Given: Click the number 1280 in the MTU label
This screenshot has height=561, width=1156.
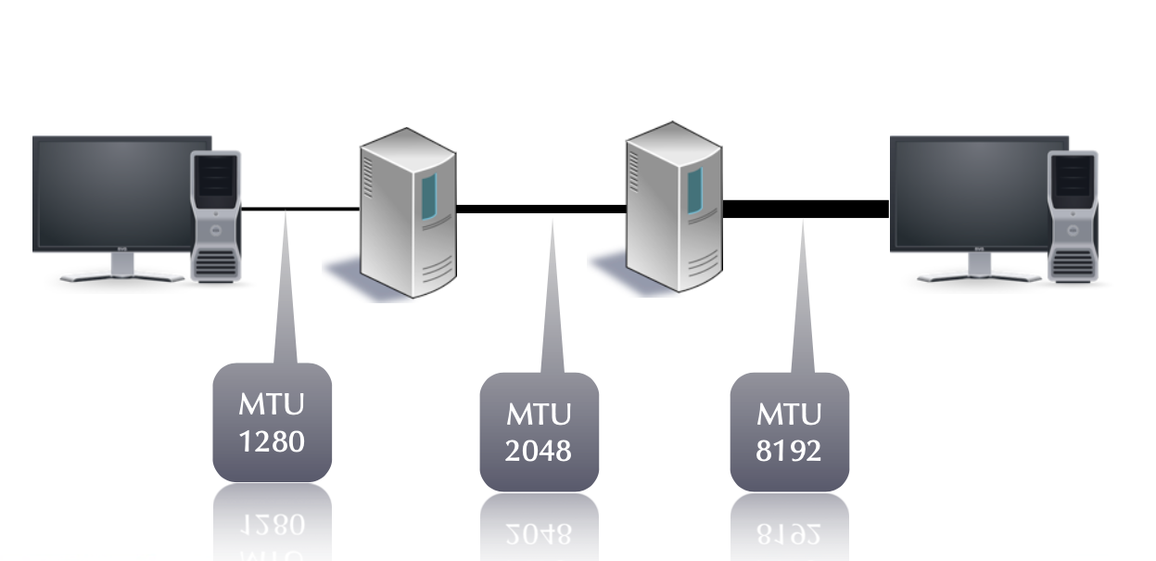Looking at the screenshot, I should click(x=272, y=440).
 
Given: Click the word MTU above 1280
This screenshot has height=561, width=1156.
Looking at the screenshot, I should click(x=272, y=405).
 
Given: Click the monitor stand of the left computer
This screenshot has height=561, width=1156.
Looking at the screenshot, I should click(x=121, y=269).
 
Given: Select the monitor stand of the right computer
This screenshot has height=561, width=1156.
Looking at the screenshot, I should click(x=979, y=269).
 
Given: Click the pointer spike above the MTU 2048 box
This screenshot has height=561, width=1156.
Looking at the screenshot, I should click(x=552, y=306).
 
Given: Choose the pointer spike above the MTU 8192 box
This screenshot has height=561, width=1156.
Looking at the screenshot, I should click(x=801, y=306).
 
